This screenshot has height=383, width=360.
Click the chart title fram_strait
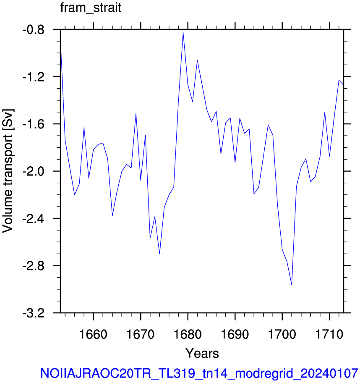pyautogui.click(x=91, y=8)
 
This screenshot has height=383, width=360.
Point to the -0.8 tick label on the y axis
pyautogui.click(x=34, y=30)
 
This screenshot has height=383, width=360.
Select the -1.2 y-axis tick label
pyautogui.click(x=34, y=77)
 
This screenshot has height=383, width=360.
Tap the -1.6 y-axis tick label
pyautogui.click(x=34, y=124)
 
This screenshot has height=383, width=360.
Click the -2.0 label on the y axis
pyautogui.click(x=34, y=171)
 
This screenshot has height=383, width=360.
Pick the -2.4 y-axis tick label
pyautogui.click(x=34, y=219)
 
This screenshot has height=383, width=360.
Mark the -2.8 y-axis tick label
pyautogui.click(x=34, y=266)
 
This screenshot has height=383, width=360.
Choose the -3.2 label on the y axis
pyautogui.click(x=34, y=313)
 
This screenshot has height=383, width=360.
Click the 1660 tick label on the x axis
pyautogui.click(x=93, y=334)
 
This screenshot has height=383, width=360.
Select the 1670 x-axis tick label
pyautogui.click(x=140, y=334)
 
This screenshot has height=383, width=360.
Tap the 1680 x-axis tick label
pyautogui.click(x=188, y=334)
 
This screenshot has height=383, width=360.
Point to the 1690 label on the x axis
pyautogui.click(x=235, y=334)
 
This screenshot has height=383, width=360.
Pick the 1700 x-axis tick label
pyautogui.click(x=282, y=334)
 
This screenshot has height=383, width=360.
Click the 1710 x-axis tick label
pyautogui.click(x=329, y=334)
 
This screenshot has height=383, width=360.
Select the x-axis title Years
pyautogui.click(x=202, y=353)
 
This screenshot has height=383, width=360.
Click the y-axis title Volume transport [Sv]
pyautogui.click(x=8, y=171)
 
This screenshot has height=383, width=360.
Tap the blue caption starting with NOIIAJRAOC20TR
pyautogui.click(x=199, y=373)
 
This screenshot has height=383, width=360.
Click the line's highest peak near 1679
pyautogui.click(x=183, y=32)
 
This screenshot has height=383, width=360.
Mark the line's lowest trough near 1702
pyautogui.click(x=292, y=285)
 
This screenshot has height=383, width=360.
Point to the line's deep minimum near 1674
pyautogui.click(x=159, y=254)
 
